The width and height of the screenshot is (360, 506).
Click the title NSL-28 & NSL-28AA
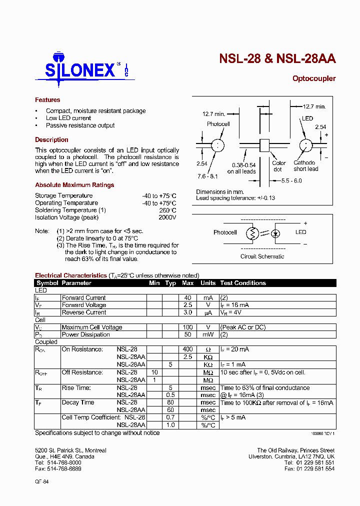pyautogui.click(x=277, y=58)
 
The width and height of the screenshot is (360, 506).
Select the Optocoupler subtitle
pyautogui.click(x=313, y=78)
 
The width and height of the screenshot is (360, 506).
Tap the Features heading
pyautogui.click(x=47, y=100)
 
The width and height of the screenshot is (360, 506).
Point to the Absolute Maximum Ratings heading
pyautogui.click(x=74, y=185)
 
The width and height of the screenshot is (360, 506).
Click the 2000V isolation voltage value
pyautogui.click(x=167, y=217)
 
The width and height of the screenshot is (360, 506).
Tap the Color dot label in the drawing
pyautogui.click(x=279, y=166)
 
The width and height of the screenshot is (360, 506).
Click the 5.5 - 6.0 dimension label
pyautogui.click(x=291, y=180)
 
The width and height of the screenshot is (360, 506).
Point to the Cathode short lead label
pyautogui.click(x=305, y=166)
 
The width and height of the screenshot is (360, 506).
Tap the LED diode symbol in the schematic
pyautogui.click(x=275, y=233)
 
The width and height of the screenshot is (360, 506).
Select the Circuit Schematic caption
pyautogui.click(x=262, y=256)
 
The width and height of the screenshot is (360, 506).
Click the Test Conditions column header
pyautogui.click(x=243, y=283)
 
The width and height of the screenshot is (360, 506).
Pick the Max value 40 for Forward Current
pyautogui.click(x=187, y=297)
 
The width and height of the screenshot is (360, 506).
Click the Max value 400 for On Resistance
pyautogui.click(x=187, y=349)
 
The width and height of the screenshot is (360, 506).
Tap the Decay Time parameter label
pyautogui.click(x=78, y=402)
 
